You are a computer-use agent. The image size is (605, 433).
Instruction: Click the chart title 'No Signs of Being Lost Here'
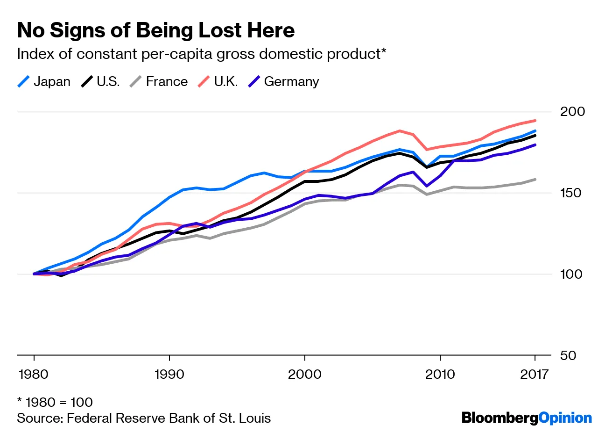point(156,30)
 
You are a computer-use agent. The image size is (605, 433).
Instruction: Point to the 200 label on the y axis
point(572,112)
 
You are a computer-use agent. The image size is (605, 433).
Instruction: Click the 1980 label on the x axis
point(34,374)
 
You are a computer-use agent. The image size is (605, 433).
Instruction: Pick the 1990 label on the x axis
point(169,374)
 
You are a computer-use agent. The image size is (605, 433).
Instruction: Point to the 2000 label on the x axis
point(305,374)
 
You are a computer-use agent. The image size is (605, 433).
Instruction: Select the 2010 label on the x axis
point(440,374)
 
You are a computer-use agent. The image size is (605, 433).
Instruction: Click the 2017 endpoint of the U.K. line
point(535,121)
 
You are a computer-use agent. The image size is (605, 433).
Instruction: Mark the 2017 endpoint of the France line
point(535,180)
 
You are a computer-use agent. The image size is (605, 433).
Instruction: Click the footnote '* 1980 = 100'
point(55,402)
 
